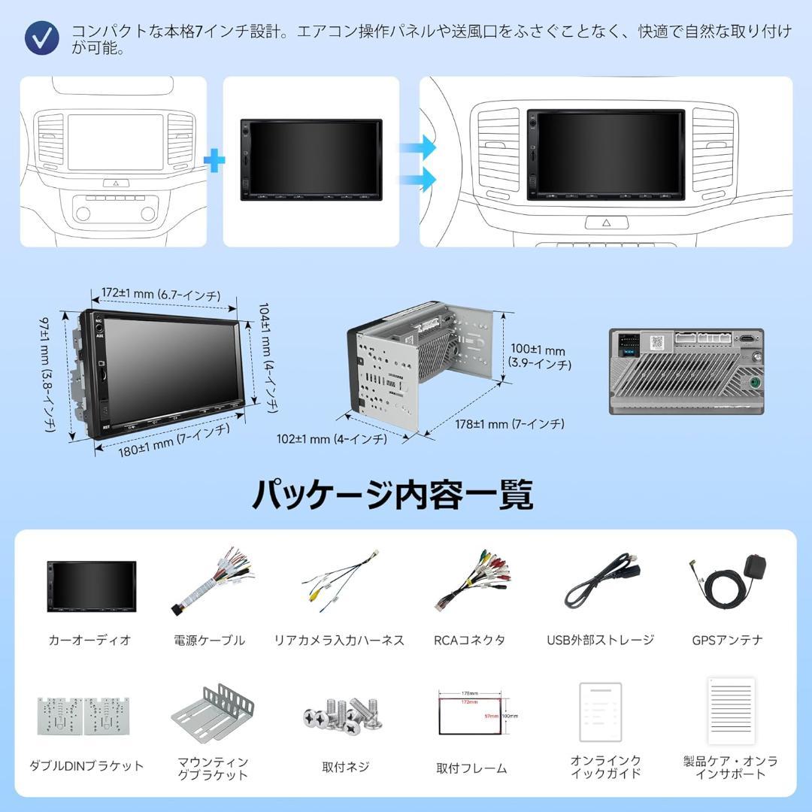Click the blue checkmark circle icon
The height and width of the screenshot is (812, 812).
(41, 35)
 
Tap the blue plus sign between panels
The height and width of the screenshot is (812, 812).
(215, 161)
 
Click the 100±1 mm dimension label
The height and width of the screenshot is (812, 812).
(538, 357)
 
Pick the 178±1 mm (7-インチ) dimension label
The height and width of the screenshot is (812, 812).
(509, 424)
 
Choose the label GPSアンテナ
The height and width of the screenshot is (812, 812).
(727, 641)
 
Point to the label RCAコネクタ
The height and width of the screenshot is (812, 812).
(469, 641)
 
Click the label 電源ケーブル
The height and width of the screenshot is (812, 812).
(209, 641)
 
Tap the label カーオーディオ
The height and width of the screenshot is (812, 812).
(89, 641)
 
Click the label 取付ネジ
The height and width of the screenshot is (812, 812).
(345, 767)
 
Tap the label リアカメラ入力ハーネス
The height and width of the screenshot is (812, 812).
(339, 641)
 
